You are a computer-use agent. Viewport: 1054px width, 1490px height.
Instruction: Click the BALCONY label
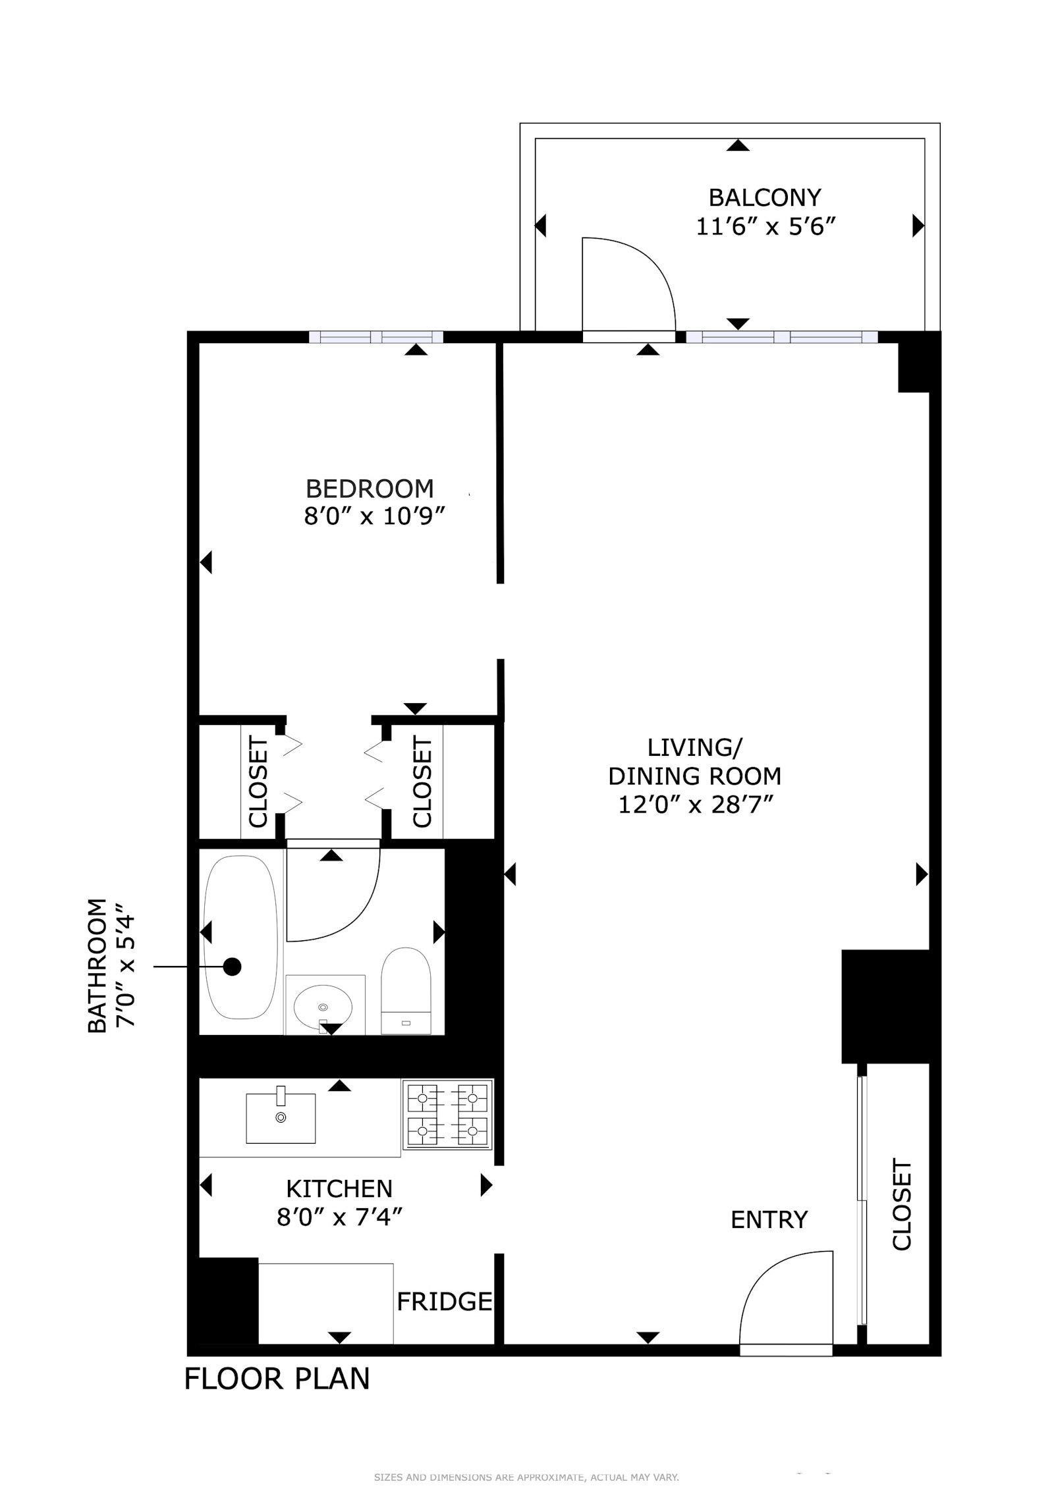click(x=764, y=198)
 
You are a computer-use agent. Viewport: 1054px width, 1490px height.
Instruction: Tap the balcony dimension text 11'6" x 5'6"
click(x=765, y=227)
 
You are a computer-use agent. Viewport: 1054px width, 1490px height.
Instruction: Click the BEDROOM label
click(x=370, y=489)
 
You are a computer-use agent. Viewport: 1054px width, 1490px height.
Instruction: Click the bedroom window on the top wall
click(x=376, y=337)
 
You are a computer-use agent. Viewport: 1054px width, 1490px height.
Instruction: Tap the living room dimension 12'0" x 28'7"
click(x=694, y=805)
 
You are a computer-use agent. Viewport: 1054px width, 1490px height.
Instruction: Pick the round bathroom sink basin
click(x=322, y=1007)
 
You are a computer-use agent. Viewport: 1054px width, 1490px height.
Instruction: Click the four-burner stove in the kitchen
click(x=447, y=1115)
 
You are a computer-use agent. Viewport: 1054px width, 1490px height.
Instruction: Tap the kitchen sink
click(x=281, y=1118)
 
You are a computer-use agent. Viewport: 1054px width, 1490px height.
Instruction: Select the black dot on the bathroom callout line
click(x=232, y=967)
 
